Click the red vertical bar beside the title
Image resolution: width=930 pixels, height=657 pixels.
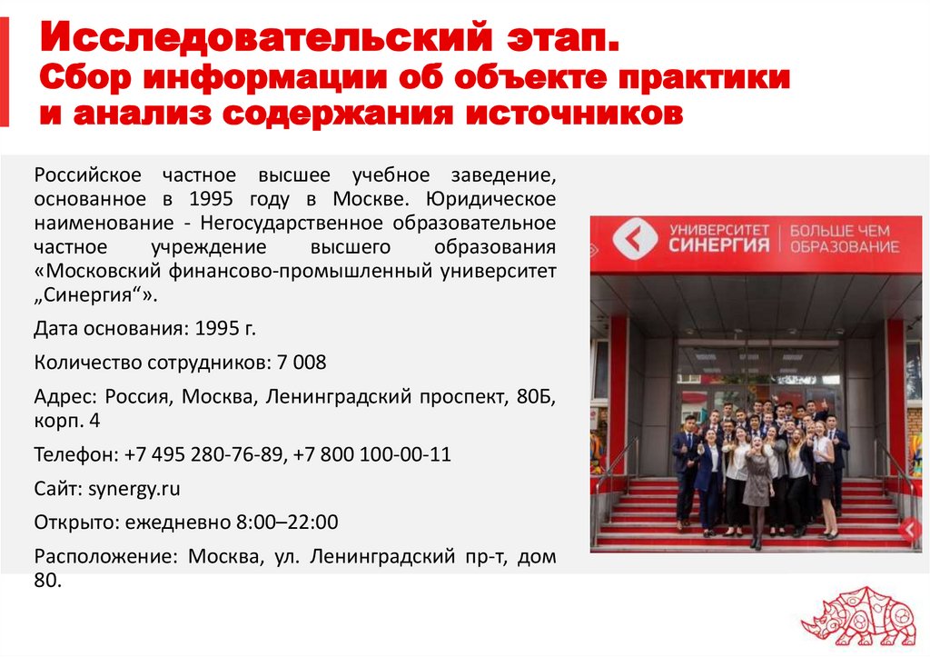click(x=5, y=72)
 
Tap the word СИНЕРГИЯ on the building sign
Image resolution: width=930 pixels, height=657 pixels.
click(x=718, y=245)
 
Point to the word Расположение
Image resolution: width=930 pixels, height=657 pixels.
click(x=97, y=557)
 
